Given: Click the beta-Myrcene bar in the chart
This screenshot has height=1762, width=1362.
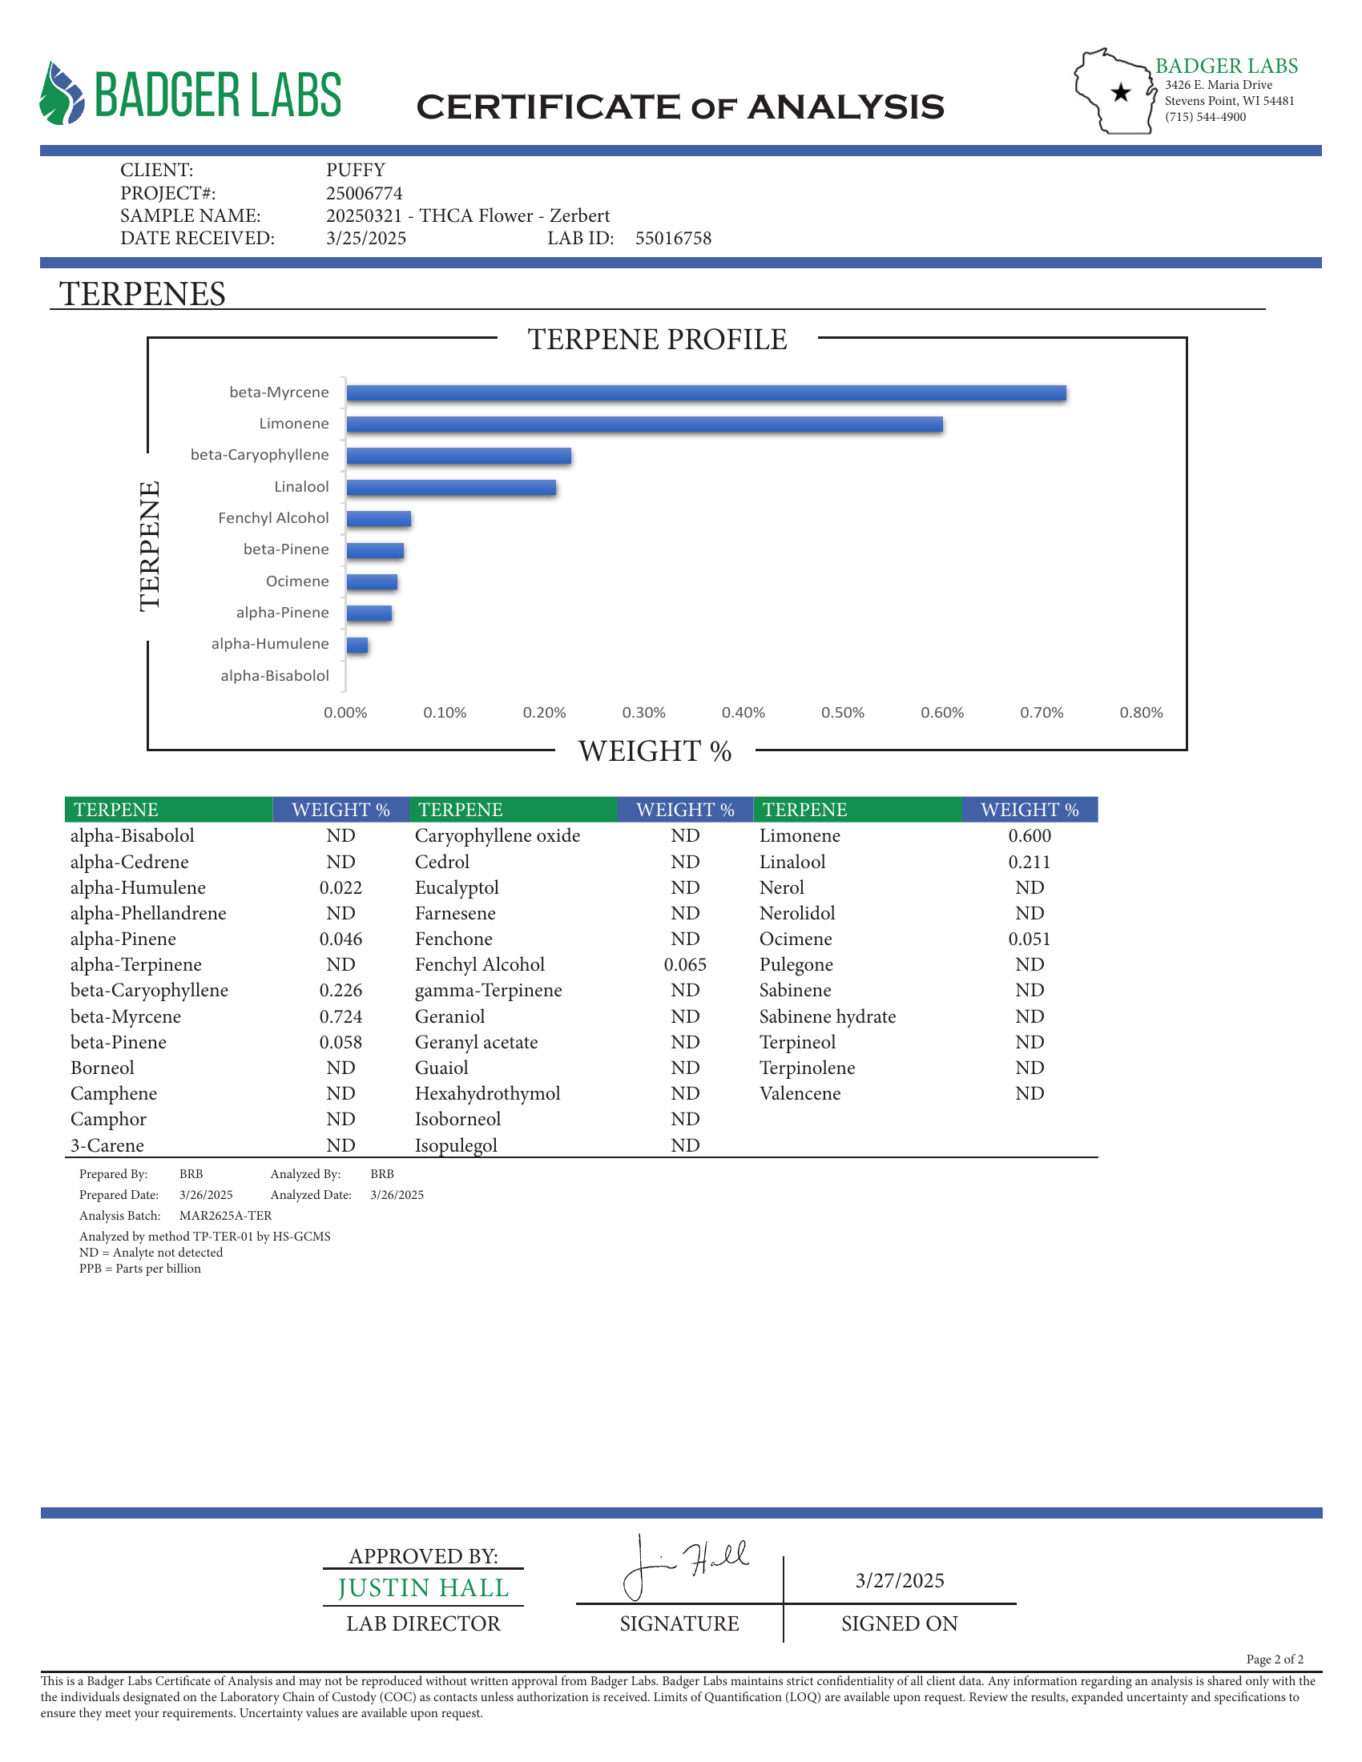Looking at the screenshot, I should [x=706, y=393].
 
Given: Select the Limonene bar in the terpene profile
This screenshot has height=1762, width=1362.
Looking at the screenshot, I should [x=644, y=424].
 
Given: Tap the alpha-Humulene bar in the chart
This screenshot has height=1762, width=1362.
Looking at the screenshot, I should [x=357, y=646].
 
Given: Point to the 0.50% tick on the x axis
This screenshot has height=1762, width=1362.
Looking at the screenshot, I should [x=842, y=713].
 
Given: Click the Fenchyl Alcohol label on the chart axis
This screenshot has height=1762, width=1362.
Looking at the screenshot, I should [x=273, y=518].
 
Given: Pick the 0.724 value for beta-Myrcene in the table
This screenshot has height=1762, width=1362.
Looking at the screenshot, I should [x=340, y=1016].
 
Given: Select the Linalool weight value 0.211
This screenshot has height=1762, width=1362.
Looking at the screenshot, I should [x=1029, y=862].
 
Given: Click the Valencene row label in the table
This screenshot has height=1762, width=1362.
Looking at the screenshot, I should [x=800, y=1093].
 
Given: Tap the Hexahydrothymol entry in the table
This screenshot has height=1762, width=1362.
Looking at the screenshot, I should [x=487, y=1093].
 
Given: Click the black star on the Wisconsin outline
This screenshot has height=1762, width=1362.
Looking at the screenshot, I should [x=1121, y=93].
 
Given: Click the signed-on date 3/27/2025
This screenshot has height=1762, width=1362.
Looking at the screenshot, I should [x=900, y=1580].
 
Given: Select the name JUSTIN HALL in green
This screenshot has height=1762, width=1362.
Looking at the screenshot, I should [x=424, y=1587].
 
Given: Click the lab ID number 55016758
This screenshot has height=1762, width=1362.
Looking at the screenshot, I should [x=673, y=239].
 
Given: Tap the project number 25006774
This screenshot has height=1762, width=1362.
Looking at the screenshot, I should [x=364, y=194].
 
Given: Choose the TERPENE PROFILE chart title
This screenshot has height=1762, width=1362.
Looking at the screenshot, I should [x=657, y=340].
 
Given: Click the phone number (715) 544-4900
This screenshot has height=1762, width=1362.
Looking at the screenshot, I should [x=1205, y=117].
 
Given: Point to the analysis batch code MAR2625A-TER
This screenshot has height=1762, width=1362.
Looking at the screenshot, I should [x=225, y=1216].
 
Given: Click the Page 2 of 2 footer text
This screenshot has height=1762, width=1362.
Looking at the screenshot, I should [x=1274, y=1659].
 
